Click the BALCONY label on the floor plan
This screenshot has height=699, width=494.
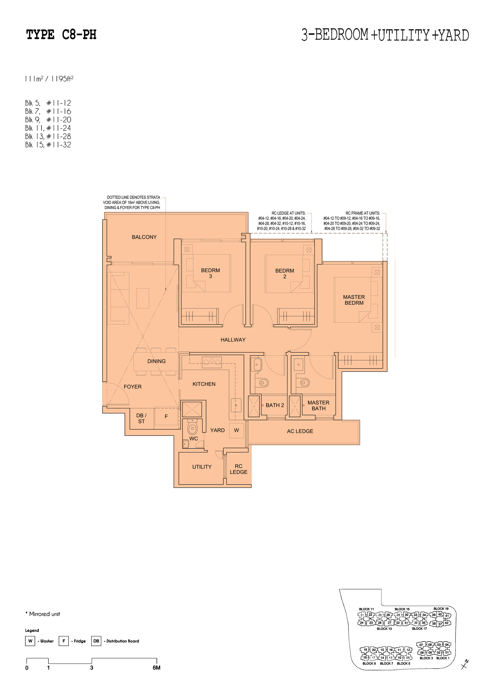pos(144,237)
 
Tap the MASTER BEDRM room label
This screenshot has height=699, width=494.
pos(354,300)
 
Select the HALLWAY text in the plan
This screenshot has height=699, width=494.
pos(233,340)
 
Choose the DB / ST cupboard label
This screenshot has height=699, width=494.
pos(141,418)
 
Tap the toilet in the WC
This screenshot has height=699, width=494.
pos(192,428)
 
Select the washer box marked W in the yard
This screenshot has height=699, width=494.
pos(236,430)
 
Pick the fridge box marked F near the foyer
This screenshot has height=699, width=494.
pos(166,416)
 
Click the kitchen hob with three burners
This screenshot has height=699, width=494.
pos(212,362)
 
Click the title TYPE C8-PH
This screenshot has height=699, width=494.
pos(61,35)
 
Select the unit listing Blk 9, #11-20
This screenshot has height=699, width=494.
pos(48,120)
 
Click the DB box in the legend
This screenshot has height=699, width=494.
pos(96,641)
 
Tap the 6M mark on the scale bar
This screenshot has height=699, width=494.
pos(156,668)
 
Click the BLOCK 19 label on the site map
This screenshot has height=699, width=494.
pos(441,609)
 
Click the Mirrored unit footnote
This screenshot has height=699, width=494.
pos(43,614)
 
